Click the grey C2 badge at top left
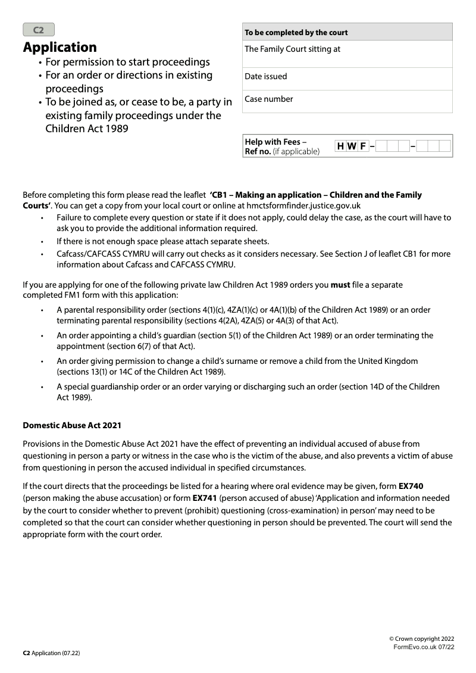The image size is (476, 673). [x=39, y=30]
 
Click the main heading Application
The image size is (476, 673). [x=59, y=47]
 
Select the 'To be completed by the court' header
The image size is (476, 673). [x=296, y=32]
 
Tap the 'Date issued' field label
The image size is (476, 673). [x=265, y=76]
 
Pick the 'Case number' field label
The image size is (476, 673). [x=269, y=99]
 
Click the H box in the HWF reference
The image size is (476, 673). [x=340, y=146]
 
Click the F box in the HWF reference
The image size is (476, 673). [x=362, y=146]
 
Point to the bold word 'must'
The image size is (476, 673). [x=340, y=285]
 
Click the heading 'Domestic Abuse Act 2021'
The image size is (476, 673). [x=72, y=425]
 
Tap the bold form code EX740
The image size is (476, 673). [x=411, y=486]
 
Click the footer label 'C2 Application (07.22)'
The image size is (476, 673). [x=51, y=653]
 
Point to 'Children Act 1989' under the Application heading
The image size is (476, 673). [x=86, y=128]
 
